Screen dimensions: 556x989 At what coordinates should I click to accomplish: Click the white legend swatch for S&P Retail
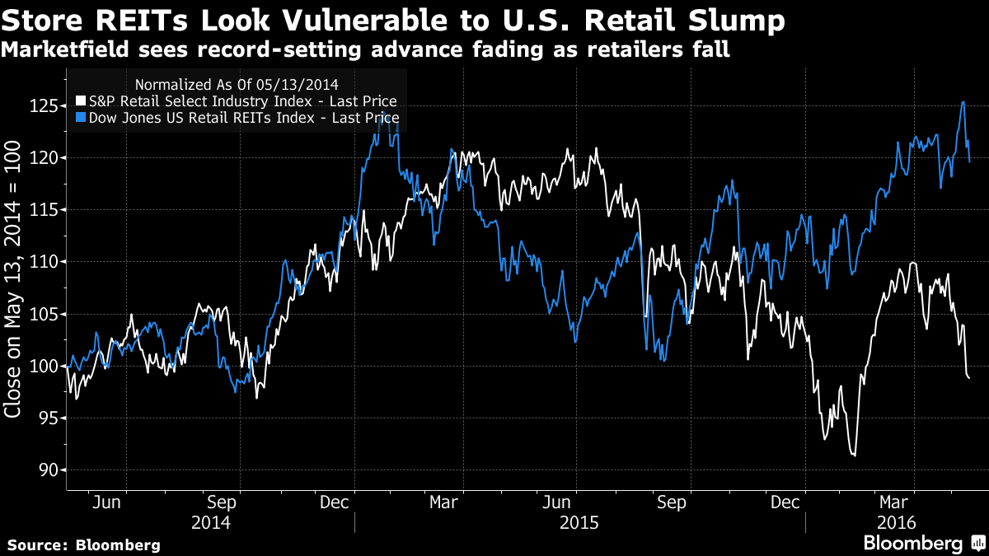80,101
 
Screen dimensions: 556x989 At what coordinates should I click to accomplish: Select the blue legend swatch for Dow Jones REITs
80,118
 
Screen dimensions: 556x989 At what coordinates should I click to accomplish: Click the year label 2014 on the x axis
210,522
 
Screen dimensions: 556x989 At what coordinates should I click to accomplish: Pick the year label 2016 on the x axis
895,522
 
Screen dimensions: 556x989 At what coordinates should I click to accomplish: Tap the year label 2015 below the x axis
579,522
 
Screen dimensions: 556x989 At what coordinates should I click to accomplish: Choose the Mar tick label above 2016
894,502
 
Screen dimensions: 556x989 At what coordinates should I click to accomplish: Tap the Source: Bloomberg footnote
84,545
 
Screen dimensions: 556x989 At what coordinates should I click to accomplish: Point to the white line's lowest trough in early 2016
854,455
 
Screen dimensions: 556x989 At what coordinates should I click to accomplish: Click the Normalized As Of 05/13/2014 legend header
236,84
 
